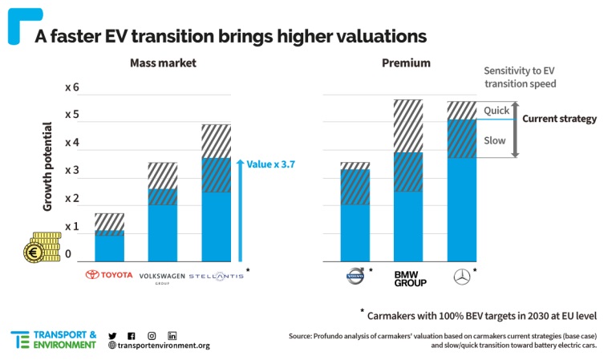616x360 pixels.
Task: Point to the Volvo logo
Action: [354, 277]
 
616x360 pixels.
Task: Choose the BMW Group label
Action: [409, 277]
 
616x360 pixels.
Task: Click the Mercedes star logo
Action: [461, 277]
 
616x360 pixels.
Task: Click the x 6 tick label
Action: [72, 87]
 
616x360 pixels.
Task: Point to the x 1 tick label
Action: [72, 227]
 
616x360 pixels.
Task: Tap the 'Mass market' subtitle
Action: [164, 63]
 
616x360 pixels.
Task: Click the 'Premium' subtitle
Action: [407, 63]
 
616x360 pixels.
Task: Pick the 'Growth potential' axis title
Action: [47, 167]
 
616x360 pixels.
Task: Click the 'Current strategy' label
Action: [559, 119]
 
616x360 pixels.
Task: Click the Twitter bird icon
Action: [112, 335]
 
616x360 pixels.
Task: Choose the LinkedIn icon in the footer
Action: [172, 335]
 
